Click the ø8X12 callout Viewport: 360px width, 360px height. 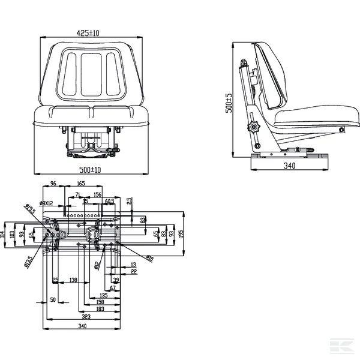click(x=46, y=203)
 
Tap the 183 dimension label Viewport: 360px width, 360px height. click(x=99, y=308)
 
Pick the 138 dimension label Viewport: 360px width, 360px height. click(x=73, y=280)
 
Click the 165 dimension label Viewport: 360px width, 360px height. click(x=81, y=183)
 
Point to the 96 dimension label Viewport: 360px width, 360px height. click(x=52, y=183)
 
